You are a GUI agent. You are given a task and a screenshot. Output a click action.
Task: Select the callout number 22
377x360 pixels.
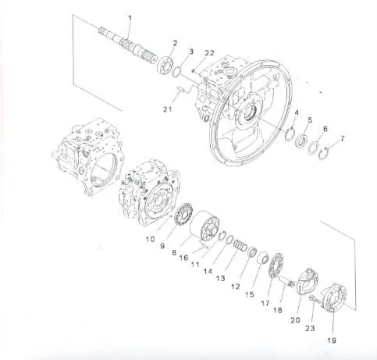pos(208,52)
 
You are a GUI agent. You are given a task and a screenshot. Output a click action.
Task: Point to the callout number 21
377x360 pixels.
pos(168,109)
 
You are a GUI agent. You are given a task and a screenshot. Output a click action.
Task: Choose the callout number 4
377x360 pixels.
pos(295,113)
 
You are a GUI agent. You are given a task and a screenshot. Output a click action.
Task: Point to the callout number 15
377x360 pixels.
pos(249,294)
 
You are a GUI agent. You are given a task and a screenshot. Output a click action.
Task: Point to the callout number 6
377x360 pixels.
pos(325,129)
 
